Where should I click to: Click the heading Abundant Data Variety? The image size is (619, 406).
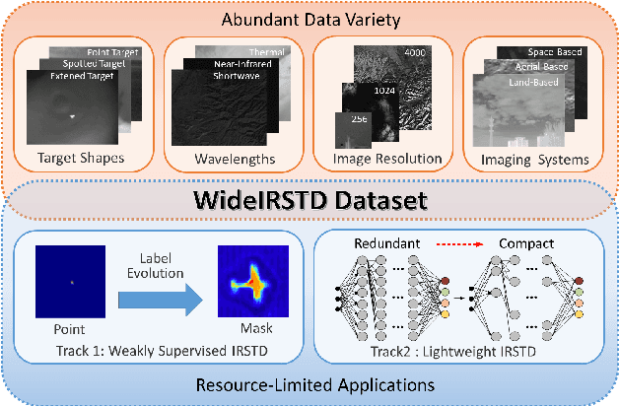pos(309,18)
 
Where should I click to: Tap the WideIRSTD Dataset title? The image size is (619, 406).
pos(309,201)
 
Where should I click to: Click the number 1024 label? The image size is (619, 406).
pos(385,90)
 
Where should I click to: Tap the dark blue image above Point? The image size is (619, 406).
pos(70,280)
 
